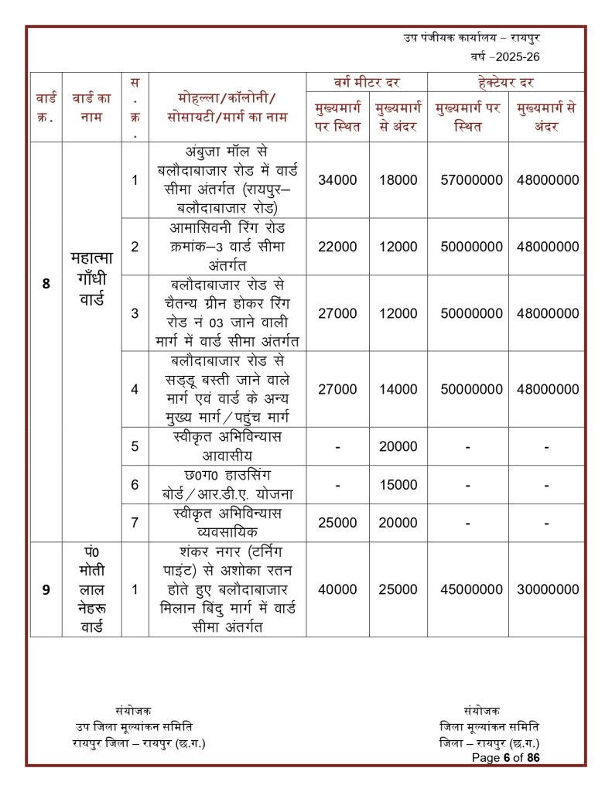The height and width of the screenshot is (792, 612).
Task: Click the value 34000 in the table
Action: (337, 180)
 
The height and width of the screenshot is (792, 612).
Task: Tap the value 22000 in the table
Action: (337, 247)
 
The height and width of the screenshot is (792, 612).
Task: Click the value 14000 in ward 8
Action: (398, 389)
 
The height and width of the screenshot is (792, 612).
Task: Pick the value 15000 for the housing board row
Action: (398, 485)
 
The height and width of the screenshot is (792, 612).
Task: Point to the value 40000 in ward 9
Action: (337, 589)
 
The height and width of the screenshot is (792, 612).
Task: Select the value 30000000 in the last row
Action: (548, 589)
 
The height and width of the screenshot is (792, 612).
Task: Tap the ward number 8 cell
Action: (46, 284)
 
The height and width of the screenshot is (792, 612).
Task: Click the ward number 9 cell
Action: (46, 589)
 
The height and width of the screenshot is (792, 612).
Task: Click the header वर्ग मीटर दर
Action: (367, 82)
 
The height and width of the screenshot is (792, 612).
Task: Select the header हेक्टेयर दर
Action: (506, 82)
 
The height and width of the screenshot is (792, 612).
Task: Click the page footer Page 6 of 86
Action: (506, 758)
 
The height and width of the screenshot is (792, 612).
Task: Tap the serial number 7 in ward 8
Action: (135, 523)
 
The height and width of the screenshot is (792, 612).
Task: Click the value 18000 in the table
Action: (398, 180)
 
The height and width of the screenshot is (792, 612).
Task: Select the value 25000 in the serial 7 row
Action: (337, 523)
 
